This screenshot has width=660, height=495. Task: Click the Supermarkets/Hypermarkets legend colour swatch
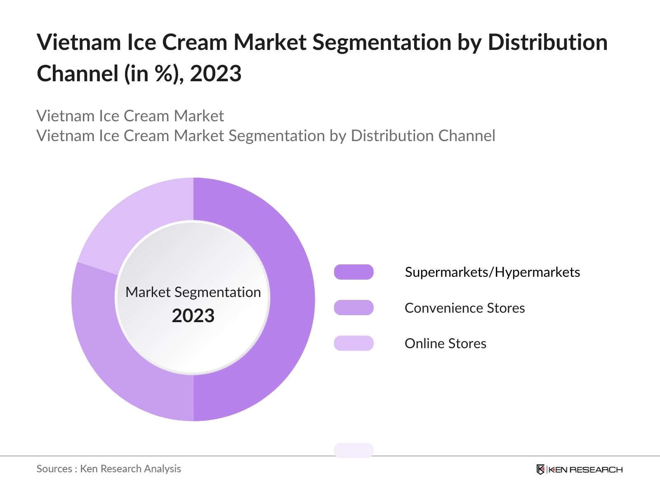tap(354, 272)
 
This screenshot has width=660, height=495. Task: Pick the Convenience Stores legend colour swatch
tap(354, 308)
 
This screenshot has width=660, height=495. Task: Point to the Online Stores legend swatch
tap(354, 343)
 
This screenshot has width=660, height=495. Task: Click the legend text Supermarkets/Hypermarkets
tap(492, 272)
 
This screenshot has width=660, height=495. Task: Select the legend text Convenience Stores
tap(464, 308)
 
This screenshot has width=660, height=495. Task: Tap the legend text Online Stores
tap(445, 344)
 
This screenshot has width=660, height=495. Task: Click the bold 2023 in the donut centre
tap(193, 316)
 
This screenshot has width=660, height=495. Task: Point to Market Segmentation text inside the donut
tap(193, 292)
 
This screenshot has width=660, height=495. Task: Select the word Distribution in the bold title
tap(547, 42)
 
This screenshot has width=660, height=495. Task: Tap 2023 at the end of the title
tap(215, 74)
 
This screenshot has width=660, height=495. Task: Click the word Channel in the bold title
tap(78, 74)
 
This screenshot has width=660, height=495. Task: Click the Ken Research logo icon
tap(540, 469)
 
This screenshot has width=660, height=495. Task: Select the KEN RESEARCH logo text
tap(585, 469)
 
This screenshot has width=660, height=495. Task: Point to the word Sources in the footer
tap(54, 469)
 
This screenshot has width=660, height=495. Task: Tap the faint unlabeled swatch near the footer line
tap(354, 450)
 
